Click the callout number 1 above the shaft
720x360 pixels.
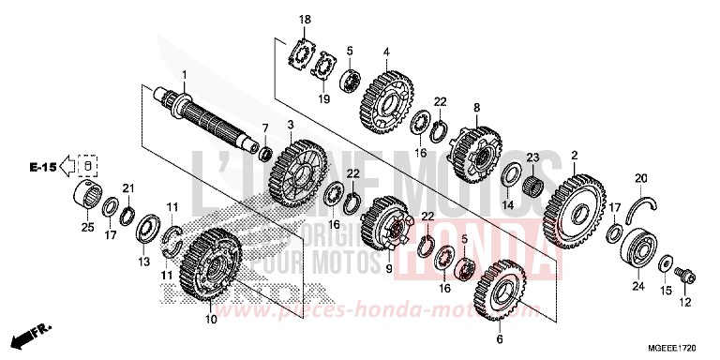click(x=185, y=74)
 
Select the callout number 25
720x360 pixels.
click(x=87, y=227)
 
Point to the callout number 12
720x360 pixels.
click(x=685, y=302)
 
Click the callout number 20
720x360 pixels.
click(x=640, y=178)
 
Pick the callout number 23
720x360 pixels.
click(x=532, y=157)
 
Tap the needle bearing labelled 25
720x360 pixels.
click(x=88, y=198)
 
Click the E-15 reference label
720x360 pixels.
click(x=40, y=167)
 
